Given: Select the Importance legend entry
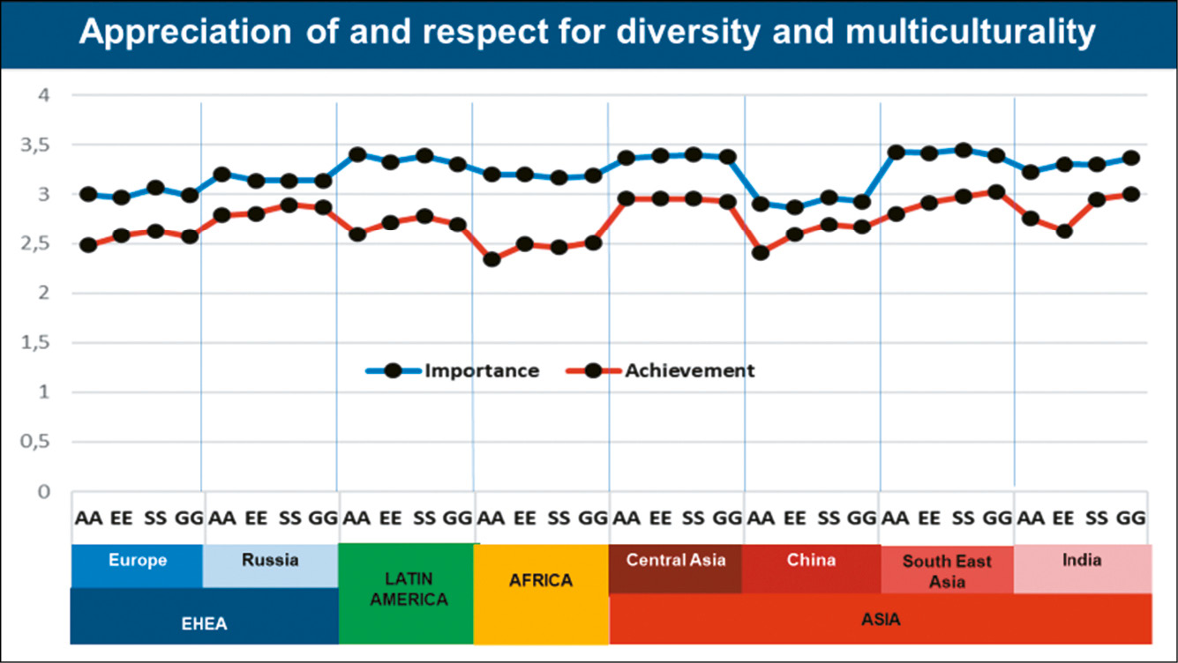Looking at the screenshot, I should (481, 370).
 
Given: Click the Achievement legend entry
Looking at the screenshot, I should (689, 370).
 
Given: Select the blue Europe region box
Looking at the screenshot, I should (137, 565).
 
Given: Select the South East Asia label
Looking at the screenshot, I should (947, 571).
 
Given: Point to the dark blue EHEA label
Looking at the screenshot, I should (204, 623).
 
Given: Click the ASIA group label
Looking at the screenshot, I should (881, 620).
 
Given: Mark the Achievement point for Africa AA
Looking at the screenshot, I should (491, 259).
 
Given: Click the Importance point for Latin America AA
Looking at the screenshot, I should (357, 155).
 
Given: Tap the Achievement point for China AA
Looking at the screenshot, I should (761, 253).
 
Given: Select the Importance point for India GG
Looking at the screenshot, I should (1130, 159).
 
